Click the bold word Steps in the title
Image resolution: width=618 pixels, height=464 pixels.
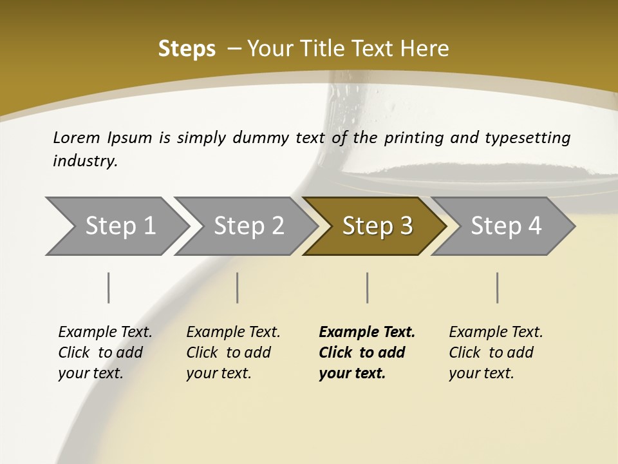(187, 49)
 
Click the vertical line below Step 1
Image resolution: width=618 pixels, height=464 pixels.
(109, 287)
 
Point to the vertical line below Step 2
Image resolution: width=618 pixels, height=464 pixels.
(238, 287)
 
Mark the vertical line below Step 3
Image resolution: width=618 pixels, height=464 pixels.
(368, 287)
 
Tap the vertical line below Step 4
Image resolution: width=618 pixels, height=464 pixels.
(498, 287)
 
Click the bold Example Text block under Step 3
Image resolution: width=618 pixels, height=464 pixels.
(367, 353)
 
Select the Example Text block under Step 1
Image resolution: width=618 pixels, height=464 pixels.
(105, 353)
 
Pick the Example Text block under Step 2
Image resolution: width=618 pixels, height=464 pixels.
(233, 353)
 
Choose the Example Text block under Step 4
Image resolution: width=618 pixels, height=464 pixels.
(496, 353)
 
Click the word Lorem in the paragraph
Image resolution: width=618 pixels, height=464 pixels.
(77, 137)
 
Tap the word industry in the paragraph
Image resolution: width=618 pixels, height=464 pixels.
(85, 160)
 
